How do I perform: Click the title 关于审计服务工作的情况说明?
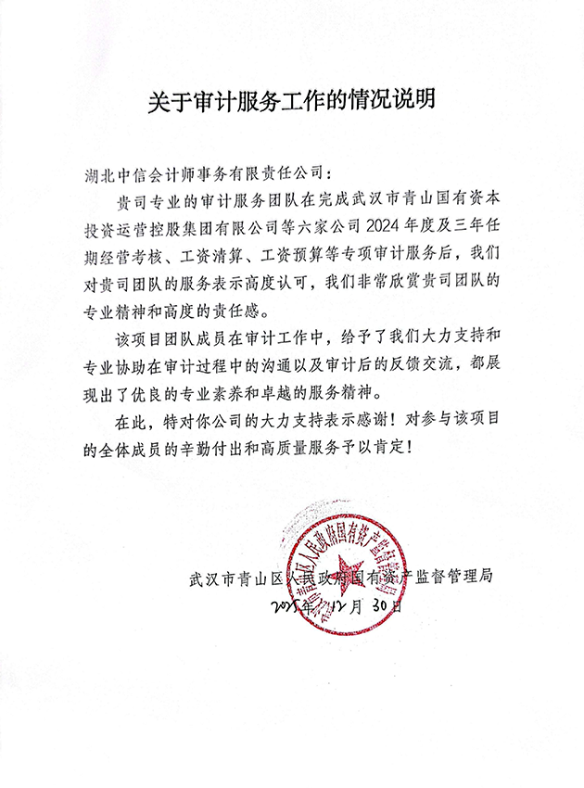click(292, 101)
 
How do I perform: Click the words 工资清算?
click(211, 252)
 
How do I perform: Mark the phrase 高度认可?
click(284, 278)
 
